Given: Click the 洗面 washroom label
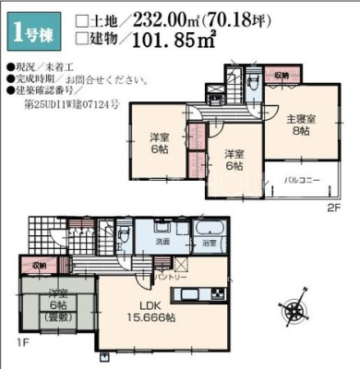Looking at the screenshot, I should coord(161,242).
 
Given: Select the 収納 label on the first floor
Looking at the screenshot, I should coord(38,264).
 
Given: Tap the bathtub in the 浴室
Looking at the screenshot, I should coord(210,229).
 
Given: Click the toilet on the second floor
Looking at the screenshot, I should coord(252,80).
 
